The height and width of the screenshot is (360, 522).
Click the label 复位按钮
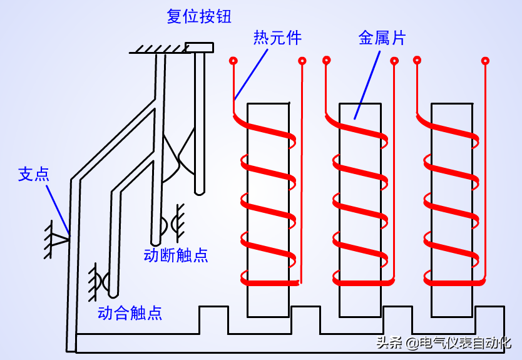(x=199, y=16)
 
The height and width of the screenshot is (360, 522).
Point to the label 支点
(x=33, y=174)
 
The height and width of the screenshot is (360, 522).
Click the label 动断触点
(x=176, y=255)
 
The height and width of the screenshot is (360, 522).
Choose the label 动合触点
(x=130, y=312)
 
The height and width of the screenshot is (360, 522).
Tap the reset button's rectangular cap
(x=199, y=47)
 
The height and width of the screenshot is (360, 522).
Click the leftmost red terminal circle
(x=233, y=61)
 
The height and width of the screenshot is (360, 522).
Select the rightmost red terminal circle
(x=484, y=61)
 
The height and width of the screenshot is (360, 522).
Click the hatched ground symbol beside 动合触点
(x=94, y=280)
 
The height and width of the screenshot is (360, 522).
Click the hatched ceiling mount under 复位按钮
(x=156, y=48)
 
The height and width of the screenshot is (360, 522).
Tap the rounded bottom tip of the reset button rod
(x=199, y=190)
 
